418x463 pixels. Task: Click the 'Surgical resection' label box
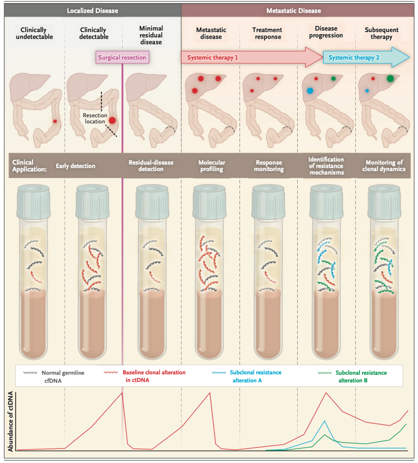point(122,58)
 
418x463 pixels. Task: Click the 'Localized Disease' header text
point(93,11)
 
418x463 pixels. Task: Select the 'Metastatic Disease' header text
point(293,11)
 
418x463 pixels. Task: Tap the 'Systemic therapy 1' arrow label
point(212,58)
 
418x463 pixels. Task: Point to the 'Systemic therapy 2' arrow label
point(354,58)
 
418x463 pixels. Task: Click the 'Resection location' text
point(95,118)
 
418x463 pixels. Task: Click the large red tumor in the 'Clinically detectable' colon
point(112,120)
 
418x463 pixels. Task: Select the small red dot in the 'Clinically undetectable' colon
point(55,121)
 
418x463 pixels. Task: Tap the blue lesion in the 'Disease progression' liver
point(310,91)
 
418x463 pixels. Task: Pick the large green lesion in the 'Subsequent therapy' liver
point(390,79)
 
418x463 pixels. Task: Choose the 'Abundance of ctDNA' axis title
point(10,421)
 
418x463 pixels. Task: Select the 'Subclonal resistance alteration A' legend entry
point(255,376)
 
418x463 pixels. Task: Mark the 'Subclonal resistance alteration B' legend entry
point(361,376)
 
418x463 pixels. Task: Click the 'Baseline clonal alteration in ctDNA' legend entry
point(154,376)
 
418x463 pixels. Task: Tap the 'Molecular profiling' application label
point(212,166)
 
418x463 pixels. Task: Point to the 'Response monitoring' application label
point(269,166)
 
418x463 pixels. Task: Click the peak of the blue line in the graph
point(324,421)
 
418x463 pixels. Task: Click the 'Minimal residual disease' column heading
point(151,35)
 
